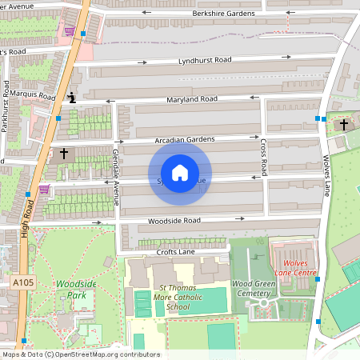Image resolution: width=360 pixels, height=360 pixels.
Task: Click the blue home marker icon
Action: point(180,173)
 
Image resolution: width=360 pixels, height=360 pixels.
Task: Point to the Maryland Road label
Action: point(192,99)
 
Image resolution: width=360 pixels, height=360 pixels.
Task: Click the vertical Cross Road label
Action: point(263,157)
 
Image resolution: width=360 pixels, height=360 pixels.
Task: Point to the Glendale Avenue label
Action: point(116,177)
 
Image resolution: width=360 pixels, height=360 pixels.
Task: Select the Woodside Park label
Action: point(70,289)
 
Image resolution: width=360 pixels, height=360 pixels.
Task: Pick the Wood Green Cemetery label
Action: point(253,288)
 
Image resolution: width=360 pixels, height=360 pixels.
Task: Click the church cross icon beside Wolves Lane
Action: point(345,125)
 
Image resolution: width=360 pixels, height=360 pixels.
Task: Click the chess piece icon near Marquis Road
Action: point(72,98)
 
